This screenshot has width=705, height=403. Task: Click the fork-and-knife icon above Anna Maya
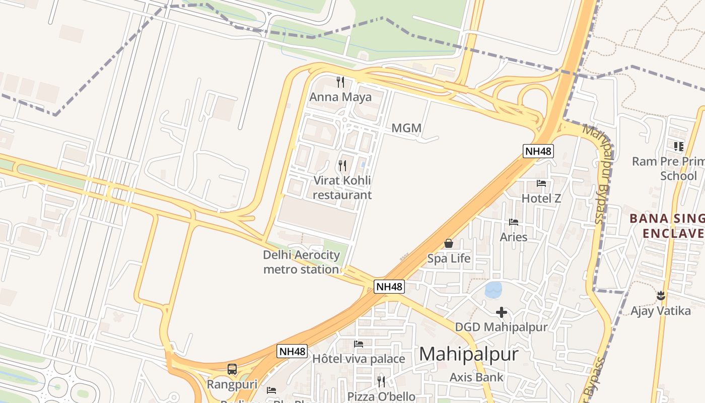(x=340, y=82)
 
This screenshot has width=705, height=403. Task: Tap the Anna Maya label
(x=340, y=97)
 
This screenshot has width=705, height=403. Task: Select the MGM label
(x=406, y=128)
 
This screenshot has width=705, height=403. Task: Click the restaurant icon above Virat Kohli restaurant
(x=342, y=165)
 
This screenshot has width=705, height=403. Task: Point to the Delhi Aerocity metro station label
(x=301, y=262)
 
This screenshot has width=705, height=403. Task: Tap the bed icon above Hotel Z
(x=541, y=183)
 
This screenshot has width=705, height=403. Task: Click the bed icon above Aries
(x=514, y=222)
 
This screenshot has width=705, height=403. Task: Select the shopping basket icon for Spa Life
(x=449, y=244)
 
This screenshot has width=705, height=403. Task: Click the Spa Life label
(x=449, y=258)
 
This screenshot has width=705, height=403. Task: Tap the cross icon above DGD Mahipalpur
(x=502, y=312)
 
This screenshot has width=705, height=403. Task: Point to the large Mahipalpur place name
(x=468, y=354)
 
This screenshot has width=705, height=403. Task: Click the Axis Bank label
(x=476, y=377)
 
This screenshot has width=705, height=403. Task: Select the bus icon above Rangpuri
(x=232, y=369)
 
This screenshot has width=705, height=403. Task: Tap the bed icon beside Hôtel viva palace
(x=359, y=344)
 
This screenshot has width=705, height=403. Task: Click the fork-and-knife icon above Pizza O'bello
(x=381, y=381)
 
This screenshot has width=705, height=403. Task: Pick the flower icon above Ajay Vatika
(x=661, y=296)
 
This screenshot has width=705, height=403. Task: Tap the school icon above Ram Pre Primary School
(x=679, y=147)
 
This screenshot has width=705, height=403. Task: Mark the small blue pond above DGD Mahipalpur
(x=493, y=290)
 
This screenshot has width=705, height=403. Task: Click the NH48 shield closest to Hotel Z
(x=538, y=151)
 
